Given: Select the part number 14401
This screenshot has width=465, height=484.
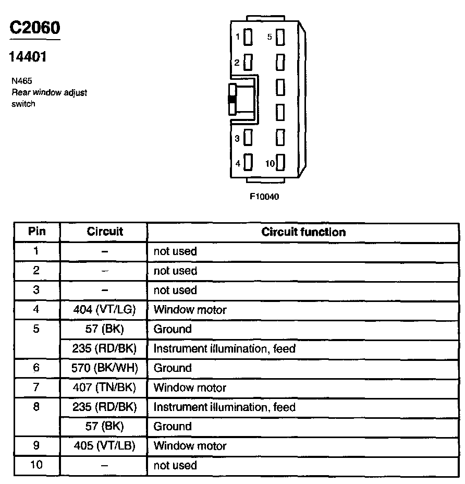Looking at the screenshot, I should [x=28, y=56].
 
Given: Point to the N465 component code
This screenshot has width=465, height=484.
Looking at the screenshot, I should [x=21, y=81].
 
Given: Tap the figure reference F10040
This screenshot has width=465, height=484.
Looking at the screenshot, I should [x=265, y=197].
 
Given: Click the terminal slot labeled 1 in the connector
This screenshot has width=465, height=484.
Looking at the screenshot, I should [x=248, y=37].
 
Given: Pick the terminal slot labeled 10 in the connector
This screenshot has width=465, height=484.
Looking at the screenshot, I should [x=280, y=163].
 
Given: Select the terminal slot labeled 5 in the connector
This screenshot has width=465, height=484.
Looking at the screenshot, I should [x=280, y=37].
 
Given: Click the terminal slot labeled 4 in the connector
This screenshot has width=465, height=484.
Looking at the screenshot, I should [x=248, y=163].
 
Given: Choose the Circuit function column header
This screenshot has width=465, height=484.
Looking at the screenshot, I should [x=303, y=232].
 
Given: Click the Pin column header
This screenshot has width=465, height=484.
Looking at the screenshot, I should [x=36, y=232].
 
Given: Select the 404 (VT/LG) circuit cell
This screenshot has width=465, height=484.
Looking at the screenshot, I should [x=104, y=310].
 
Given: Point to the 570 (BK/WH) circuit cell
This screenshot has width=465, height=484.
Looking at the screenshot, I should [x=104, y=368].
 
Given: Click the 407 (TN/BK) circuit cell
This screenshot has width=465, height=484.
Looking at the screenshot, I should [x=104, y=388].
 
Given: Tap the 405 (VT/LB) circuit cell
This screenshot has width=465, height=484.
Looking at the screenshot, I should [x=104, y=446].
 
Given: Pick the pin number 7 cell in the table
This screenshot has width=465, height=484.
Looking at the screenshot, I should [x=36, y=388].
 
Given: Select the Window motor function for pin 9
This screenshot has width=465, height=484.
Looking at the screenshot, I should [x=190, y=446].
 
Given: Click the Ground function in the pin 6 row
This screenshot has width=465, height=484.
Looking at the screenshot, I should [x=173, y=368].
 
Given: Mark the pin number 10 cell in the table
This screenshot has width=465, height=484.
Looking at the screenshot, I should [x=36, y=466].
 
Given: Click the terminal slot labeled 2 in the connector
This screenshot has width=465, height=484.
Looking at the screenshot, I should [x=248, y=63].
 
